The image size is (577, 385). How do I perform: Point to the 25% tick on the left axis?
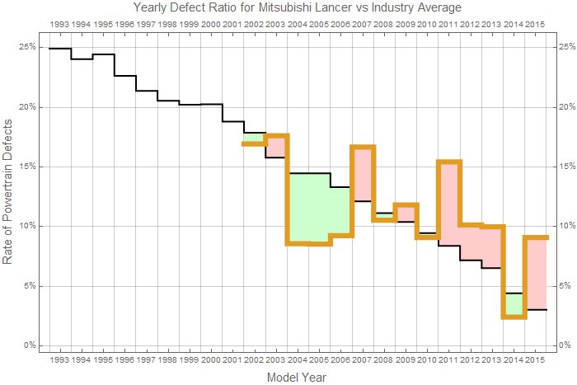click(x=25, y=47)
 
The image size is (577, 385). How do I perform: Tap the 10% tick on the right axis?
click(x=565, y=226)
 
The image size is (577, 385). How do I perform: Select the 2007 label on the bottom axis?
click(x=362, y=360)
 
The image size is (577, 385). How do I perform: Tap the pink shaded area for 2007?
click(x=362, y=174)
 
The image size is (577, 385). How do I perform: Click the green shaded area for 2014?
click(x=513, y=304)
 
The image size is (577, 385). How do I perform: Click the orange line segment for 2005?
click(x=319, y=243)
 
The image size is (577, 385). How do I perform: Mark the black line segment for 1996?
click(x=124, y=76)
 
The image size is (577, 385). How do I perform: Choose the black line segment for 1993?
click(x=60, y=49)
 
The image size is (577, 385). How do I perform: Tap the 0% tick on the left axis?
click(x=26, y=345)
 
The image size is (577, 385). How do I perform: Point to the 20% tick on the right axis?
click(x=565, y=107)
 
